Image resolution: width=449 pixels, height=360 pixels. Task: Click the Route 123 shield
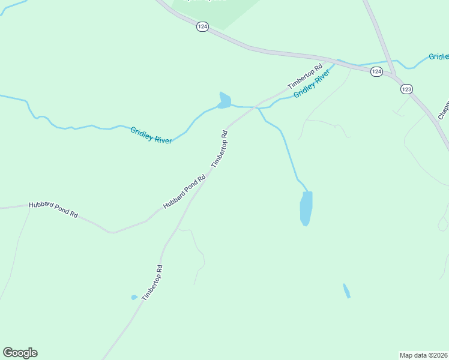click(406, 89)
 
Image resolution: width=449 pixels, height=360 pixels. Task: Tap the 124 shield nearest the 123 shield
click(376, 72)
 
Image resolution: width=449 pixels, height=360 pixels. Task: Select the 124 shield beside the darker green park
click(203, 28)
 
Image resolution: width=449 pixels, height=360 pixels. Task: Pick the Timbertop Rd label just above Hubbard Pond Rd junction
click(220, 149)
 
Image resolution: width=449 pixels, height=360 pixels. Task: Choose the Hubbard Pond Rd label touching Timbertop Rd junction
click(184, 192)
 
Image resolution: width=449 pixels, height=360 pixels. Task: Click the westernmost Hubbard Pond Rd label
click(53, 210)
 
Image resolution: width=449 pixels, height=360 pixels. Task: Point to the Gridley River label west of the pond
click(151, 135)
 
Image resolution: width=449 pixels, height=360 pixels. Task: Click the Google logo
click(20, 353)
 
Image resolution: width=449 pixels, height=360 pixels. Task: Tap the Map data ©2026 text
click(423, 355)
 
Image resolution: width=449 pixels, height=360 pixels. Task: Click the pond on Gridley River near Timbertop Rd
click(224, 101)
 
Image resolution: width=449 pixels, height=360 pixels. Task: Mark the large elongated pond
click(306, 208)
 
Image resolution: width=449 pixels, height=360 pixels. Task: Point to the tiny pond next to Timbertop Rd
click(134, 297)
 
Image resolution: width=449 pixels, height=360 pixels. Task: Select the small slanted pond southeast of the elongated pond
click(346, 291)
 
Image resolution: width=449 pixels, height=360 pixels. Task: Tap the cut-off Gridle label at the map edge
click(439, 57)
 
